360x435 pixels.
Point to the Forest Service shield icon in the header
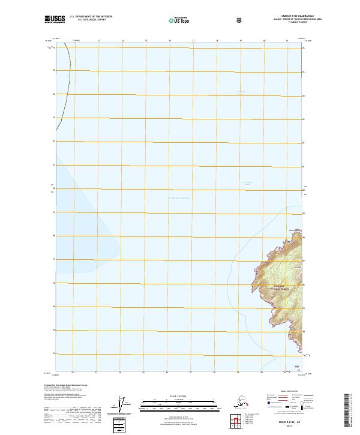[206, 19]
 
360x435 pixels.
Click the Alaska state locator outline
[241, 401]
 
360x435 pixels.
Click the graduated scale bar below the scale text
[179, 401]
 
